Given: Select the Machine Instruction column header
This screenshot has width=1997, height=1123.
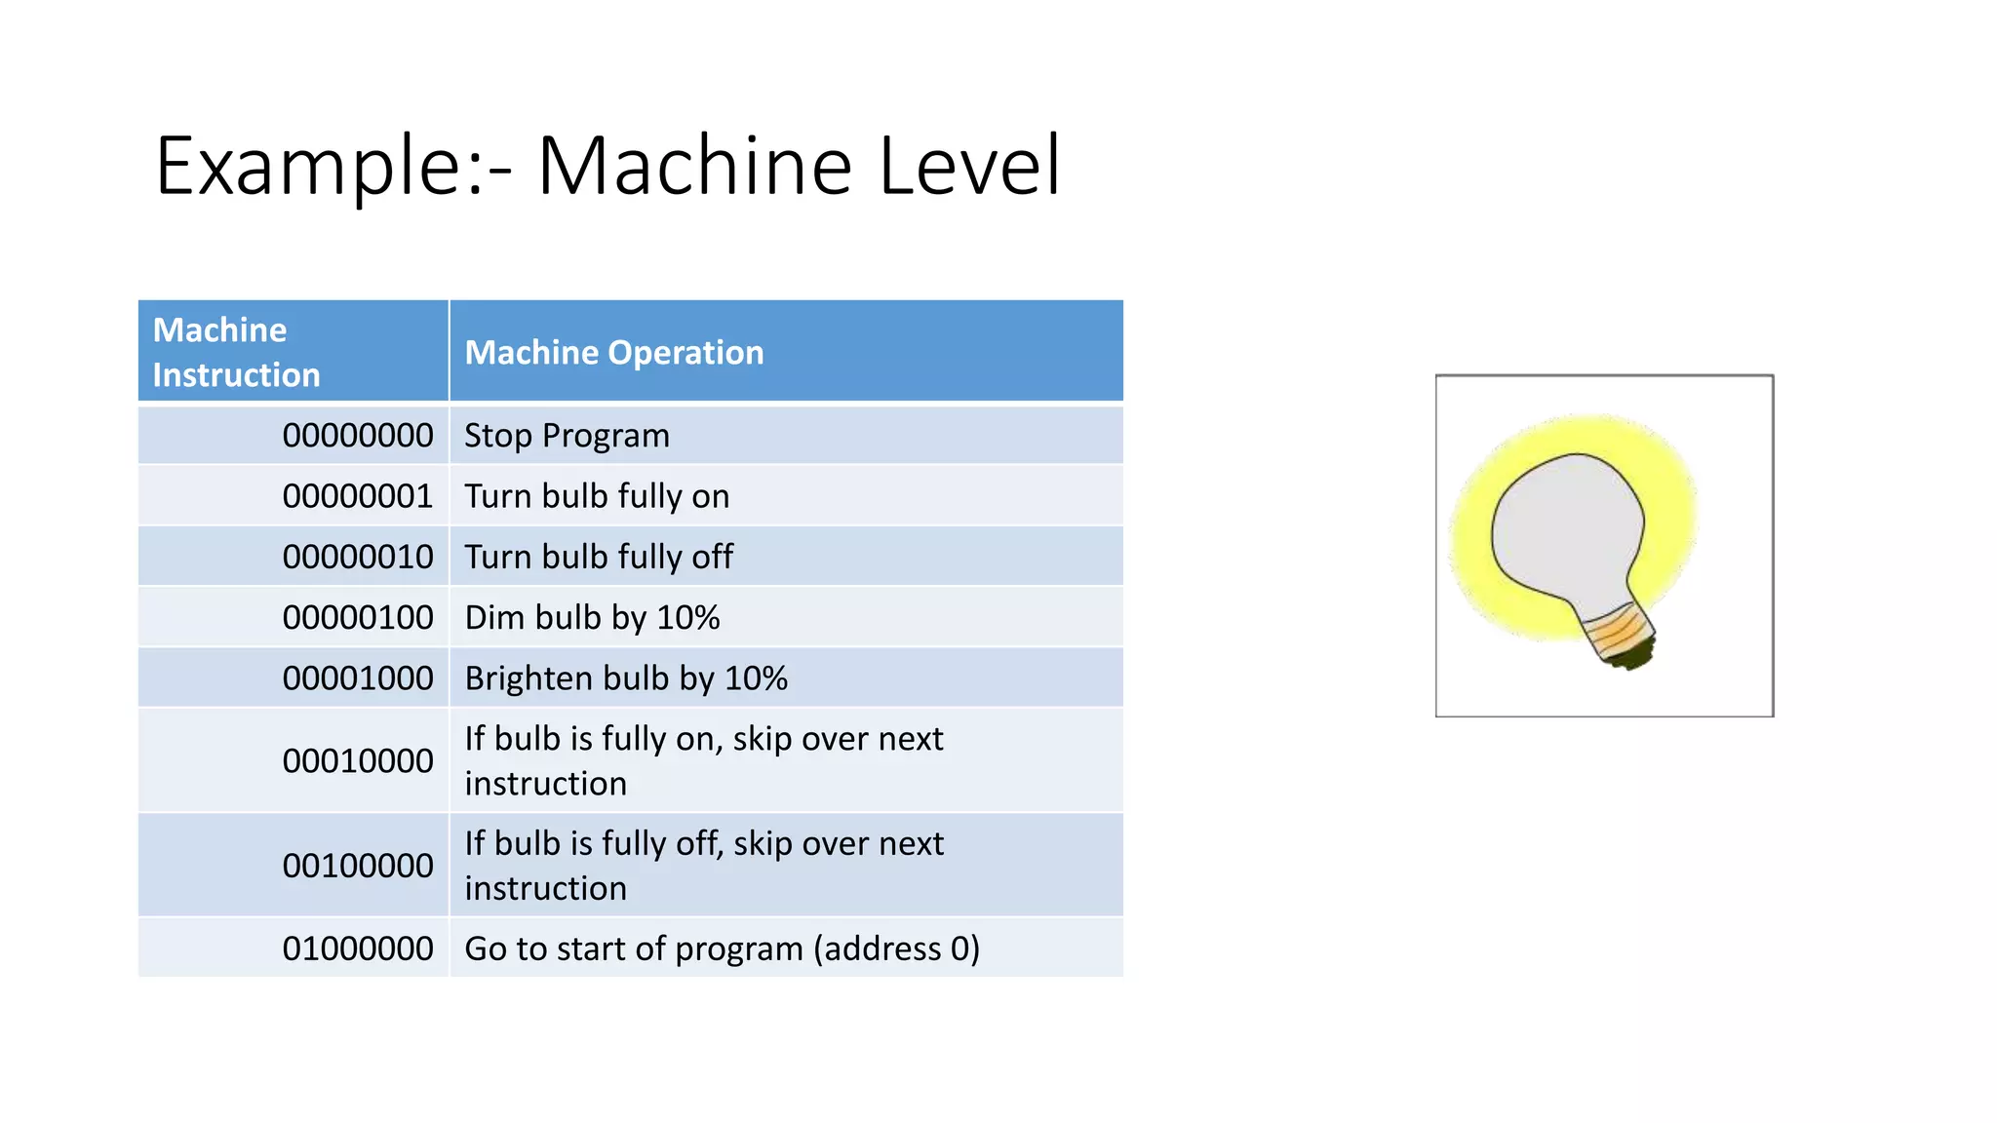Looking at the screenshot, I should [236, 352].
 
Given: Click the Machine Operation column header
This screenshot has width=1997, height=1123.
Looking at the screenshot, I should [614, 352].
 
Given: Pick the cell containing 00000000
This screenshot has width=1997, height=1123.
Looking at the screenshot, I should [357, 436].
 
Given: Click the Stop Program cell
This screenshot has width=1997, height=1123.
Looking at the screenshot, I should [567, 436].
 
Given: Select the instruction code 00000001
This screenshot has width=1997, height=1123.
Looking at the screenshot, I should [357, 496].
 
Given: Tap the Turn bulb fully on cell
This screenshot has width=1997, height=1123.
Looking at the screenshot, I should [597, 496].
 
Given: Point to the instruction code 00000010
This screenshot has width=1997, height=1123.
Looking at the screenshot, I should [357, 557].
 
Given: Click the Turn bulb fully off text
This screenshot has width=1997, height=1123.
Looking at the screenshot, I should [599, 557].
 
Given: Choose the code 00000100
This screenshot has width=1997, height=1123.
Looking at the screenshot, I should [357, 617].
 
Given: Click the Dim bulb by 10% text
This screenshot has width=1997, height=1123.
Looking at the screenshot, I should [592, 617].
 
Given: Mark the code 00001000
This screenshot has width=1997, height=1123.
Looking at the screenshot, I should [357, 678].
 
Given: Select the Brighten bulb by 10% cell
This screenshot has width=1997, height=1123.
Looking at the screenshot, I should [626, 678].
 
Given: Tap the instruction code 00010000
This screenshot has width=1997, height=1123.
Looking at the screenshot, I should [357, 761].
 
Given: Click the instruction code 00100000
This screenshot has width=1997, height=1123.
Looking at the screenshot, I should [357, 866].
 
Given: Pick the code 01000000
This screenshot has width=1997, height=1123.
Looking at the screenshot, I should [357, 949].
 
